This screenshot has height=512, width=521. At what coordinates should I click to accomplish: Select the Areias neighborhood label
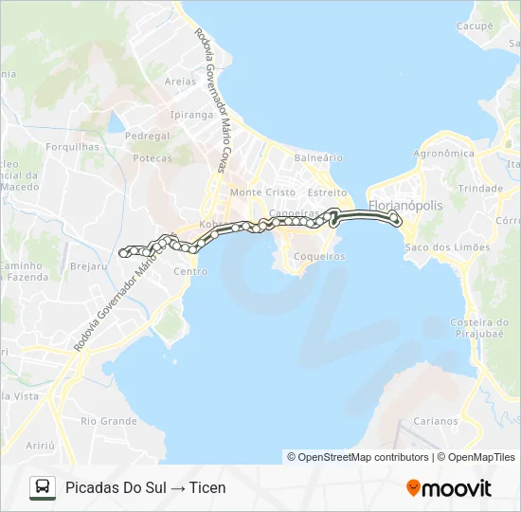click(180, 82)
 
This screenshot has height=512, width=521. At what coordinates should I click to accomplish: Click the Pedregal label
click(147, 136)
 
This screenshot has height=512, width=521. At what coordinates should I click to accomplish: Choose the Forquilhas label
click(72, 147)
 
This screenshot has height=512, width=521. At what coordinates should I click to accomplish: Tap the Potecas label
click(153, 158)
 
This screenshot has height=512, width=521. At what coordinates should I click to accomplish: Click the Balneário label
click(318, 157)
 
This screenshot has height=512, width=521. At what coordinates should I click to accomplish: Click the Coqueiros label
click(317, 256)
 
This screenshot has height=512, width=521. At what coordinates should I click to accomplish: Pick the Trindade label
click(480, 189)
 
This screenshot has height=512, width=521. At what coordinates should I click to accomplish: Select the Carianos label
click(436, 421)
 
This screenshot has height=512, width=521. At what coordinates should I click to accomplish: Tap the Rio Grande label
click(109, 420)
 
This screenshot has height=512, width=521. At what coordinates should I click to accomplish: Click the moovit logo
click(449, 488)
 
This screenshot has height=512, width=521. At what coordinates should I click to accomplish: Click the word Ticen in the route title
click(207, 487)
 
